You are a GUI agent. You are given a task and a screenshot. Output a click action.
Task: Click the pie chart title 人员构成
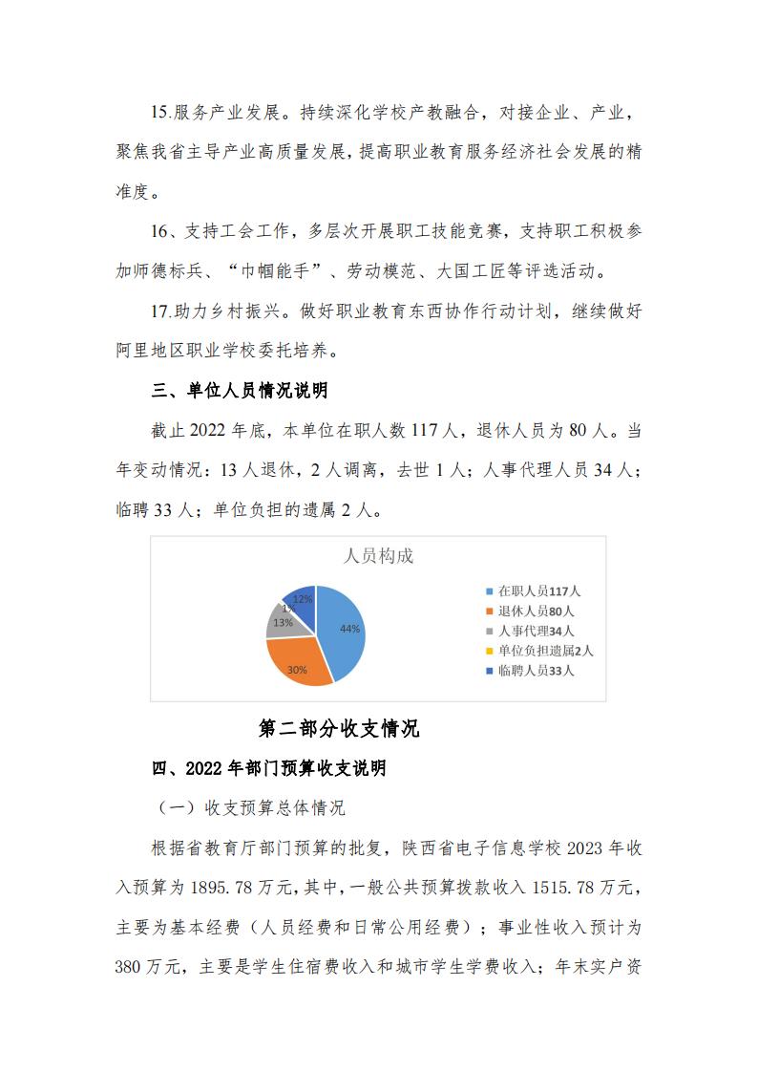[378, 556]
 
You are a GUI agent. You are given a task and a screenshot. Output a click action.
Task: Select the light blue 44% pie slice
[344, 631]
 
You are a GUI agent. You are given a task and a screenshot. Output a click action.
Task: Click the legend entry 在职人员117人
[538, 591]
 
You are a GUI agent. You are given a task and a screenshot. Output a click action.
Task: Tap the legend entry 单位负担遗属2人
[544, 651]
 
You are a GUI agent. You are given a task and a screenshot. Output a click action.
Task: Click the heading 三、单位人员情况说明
[241, 390]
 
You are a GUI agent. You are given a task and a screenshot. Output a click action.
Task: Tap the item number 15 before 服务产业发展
[160, 113]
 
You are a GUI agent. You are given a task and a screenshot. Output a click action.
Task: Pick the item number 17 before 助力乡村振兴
[160, 311]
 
